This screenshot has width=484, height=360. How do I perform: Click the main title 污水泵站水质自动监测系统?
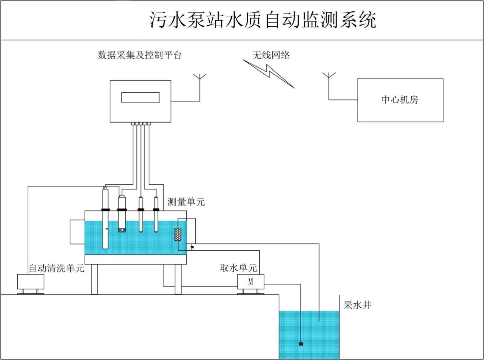pos(263,20)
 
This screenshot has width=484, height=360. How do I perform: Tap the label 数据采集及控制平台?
pos(140,55)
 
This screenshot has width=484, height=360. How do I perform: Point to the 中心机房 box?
pos(400,100)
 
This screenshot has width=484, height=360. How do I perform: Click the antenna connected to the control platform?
pos(200,80)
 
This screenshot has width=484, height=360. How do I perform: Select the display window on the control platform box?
pos(140,97)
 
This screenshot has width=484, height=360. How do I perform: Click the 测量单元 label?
pos(186,202)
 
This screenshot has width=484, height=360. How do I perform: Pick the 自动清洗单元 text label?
pos(56,268)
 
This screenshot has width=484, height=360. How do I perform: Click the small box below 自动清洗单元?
pos(30,281)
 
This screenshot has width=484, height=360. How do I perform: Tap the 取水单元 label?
pos(238,268)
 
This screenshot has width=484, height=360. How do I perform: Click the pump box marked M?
pos(251,281)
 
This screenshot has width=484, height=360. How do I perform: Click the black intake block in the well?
pos(301,344)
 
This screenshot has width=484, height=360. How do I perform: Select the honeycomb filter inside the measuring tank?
pos(178,234)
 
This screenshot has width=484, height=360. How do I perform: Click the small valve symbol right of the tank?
pos(192,247)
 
